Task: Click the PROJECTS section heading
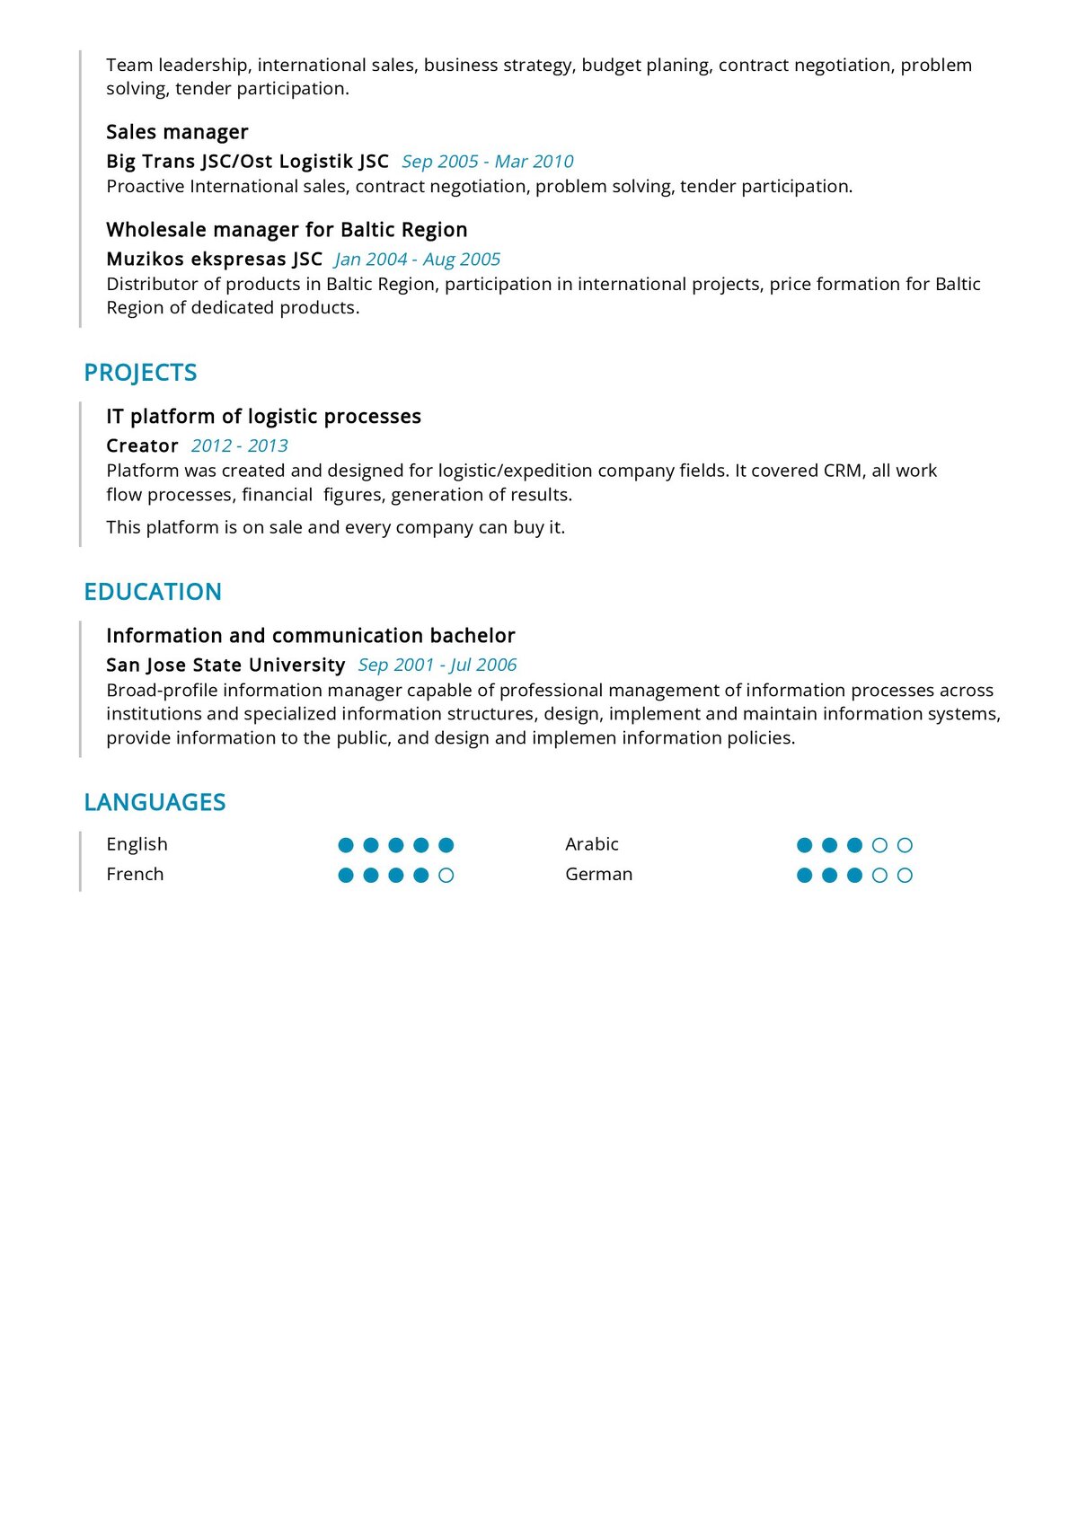click(140, 373)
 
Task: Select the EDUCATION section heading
click(153, 592)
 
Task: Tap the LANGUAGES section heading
click(155, 802)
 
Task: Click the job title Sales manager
click(177, 132)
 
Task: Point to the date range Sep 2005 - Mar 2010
click(487, 162)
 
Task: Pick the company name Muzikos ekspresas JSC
click(214, 260)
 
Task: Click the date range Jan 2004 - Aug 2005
click(417, 260)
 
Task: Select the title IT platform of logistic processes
click(263, 417)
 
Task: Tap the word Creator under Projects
click(142, 446)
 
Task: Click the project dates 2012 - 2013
click(240, 446)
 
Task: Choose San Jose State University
click(225, 666)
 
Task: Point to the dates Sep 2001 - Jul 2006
click(437, 666)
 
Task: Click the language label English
click(137, 844)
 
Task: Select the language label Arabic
click(592, 844)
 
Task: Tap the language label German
click(598, 875)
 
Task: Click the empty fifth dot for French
click(446, 876)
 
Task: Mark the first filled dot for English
click(346, 845)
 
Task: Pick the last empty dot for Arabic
click(905, 845)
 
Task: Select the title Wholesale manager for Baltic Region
click(287, 230)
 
